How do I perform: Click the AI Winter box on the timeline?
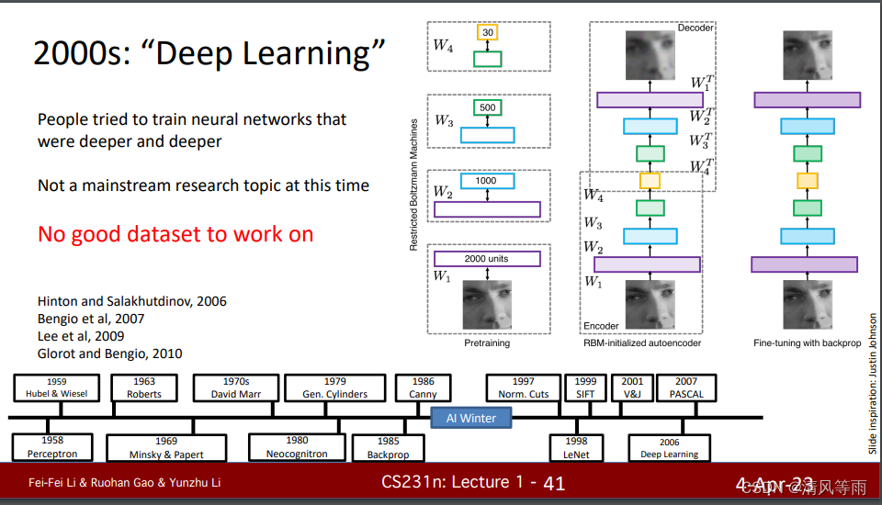pyautogui.click(x=471, y=418)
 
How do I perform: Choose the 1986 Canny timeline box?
pyautogui.click(x=423, y=387)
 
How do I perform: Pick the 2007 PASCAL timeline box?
pyautogui.click(x=686, y=387)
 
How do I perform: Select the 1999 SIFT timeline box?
pyautogui.click(x=585, y=387)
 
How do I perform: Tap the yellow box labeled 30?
pyautogui.click(x=487, y=33)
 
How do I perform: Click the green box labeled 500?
pyautogui.click(x=487, y=107)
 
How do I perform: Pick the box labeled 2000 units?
pyautogui.click(x=486, y=259)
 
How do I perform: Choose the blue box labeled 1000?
pyautogui.click(x=486, y=181)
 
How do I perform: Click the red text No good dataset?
pyautogui.click(x=175, y=234)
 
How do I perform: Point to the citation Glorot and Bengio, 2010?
pyautogui.click(x=109, y=353)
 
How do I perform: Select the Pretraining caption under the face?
pyautogui.click(x=487, y=342)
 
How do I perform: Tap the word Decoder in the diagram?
pyautogui.click(x=695, y=28)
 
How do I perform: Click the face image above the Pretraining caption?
pyautogui.click(x=487, y=305)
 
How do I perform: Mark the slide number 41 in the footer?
pyautogui.click(x=554, y=483)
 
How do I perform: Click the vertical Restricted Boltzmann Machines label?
pyautogui.click(x=414, y=185)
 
